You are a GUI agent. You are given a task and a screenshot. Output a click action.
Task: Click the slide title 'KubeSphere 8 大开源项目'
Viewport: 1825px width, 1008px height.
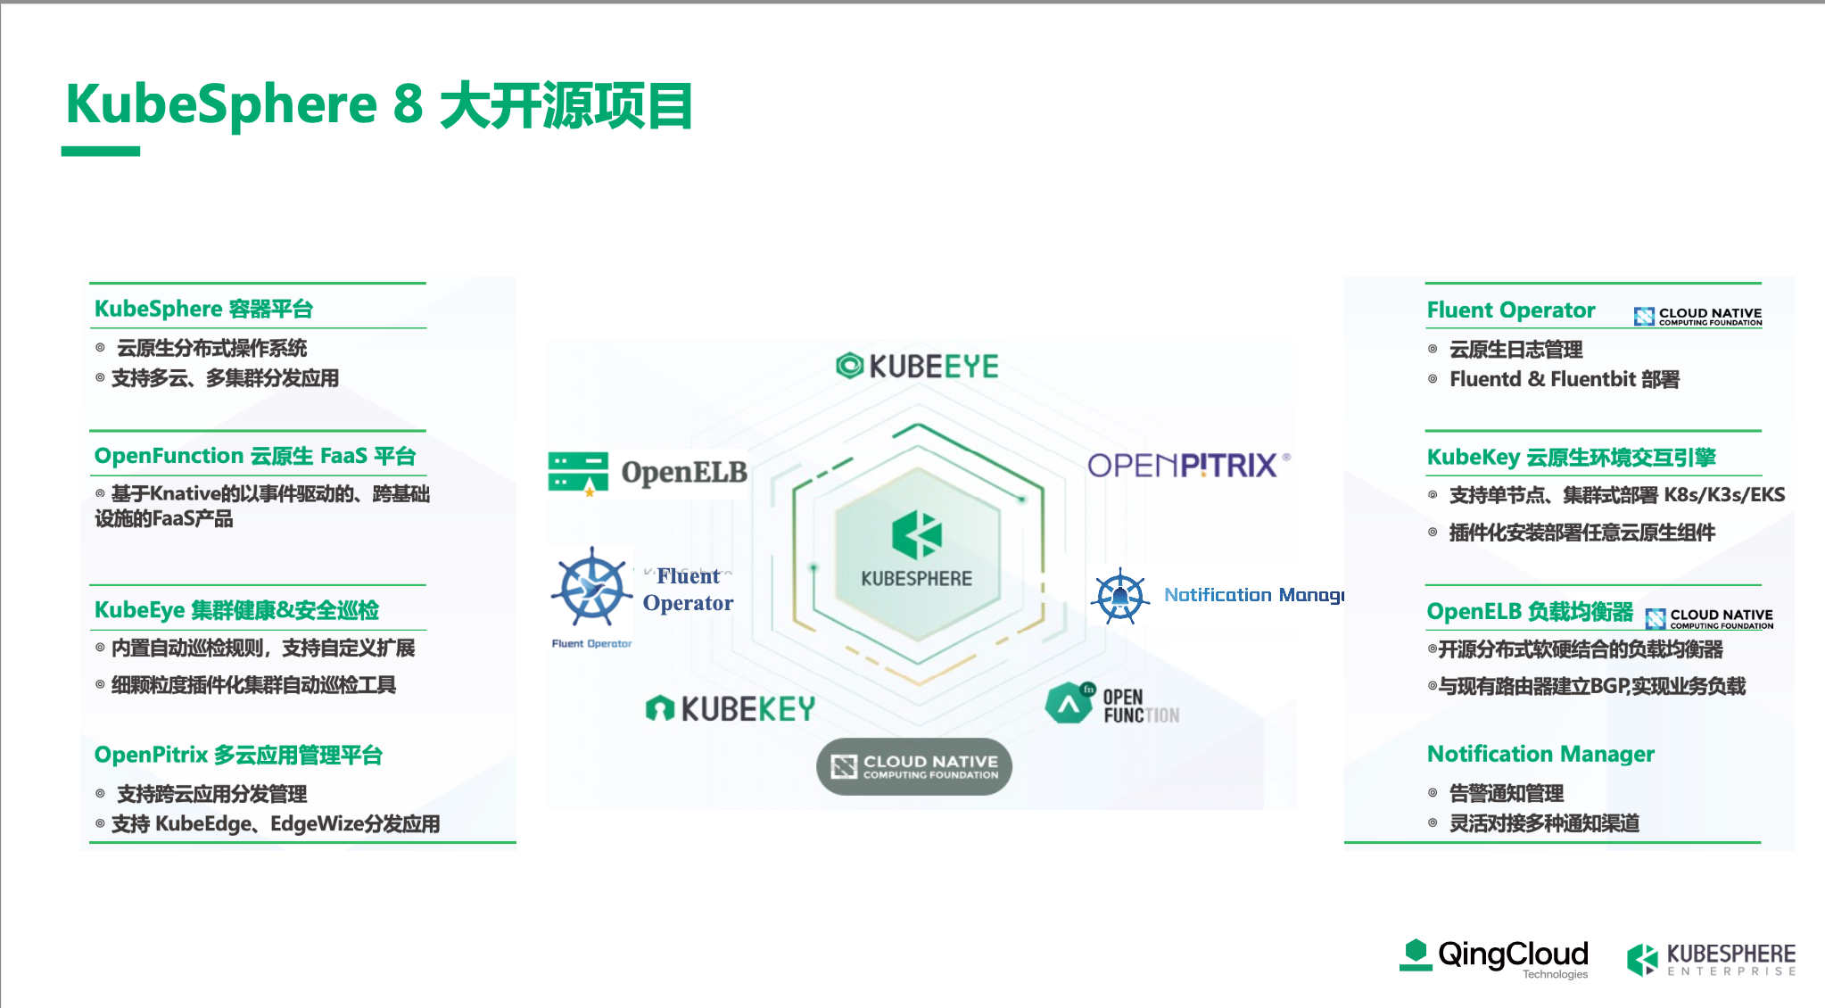coord(379,105)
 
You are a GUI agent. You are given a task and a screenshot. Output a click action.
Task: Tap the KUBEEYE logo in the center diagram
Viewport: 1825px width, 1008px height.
coord(917,366)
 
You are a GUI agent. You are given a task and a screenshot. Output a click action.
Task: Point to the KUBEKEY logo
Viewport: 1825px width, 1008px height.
coord(730,708)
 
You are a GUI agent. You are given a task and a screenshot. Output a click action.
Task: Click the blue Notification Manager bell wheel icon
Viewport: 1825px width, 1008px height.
coord(1119,596)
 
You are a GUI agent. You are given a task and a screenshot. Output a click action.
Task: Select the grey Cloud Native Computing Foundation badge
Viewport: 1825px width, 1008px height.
coord(914,766)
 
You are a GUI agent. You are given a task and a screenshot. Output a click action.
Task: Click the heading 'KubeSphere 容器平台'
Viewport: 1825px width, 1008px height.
coord(203,309)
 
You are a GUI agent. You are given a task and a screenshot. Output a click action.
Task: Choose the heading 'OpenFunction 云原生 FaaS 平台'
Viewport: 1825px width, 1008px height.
coord(255,456)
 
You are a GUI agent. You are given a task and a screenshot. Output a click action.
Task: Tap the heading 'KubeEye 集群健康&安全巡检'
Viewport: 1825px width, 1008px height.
coord(236,610)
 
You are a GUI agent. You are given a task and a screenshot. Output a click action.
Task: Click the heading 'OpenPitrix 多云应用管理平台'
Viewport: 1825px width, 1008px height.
coord(238,755)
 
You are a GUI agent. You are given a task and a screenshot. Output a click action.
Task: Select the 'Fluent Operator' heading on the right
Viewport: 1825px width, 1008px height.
coord(1511,310)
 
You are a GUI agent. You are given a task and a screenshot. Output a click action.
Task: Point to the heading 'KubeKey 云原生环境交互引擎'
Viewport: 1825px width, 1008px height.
coord(1571,458)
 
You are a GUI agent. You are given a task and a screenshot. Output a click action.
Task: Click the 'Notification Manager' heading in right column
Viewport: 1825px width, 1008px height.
coord(1540,754)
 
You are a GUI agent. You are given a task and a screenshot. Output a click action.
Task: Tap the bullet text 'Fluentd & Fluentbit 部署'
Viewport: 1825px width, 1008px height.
coord(1565,379)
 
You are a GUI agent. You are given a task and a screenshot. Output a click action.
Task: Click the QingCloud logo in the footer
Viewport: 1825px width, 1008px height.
coord(1494,958)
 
